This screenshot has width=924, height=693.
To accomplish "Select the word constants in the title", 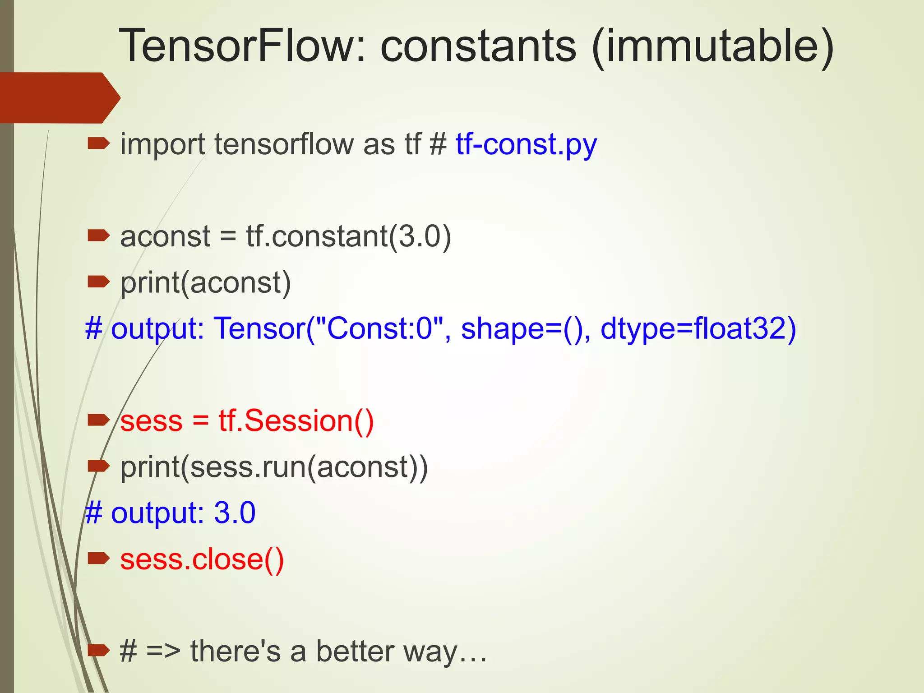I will pos(478,46).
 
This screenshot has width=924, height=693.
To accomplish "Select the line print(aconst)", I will pos(206,283).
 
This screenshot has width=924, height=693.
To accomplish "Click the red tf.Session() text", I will pos(296,420).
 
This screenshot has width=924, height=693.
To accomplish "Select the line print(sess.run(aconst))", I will pos(274,467).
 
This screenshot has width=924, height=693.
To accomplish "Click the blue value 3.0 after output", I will pos(235,513).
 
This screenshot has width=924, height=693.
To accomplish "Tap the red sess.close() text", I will pos(202,559).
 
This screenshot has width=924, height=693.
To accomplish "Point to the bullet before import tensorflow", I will pos(98,144).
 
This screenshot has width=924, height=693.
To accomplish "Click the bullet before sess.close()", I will pos(98,559).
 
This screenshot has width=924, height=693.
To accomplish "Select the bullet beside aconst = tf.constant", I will pos(98,235).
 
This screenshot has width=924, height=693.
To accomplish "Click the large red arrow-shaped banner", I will pos(59,97).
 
